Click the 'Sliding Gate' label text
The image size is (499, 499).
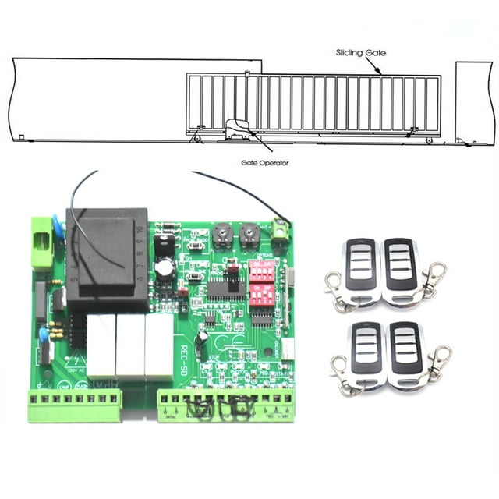tap(360, 53)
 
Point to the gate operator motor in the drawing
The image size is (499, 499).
tap(235, 130)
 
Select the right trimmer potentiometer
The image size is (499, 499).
tap(249, 232)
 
